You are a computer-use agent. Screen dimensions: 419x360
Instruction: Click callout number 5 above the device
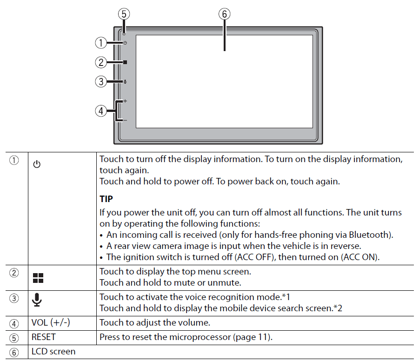(124, 14)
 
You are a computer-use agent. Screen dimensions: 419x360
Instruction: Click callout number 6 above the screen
(225, 14)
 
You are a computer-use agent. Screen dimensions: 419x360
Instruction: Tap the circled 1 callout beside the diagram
(101, 43)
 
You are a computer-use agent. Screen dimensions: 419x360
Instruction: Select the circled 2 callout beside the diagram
(101, 62)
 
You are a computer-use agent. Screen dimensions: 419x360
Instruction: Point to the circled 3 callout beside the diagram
(101, 81)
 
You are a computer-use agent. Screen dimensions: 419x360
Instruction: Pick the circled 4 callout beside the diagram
(101, 111)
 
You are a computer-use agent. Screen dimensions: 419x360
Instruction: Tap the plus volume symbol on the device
(125, 101)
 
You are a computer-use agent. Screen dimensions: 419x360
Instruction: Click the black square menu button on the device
(125, 62)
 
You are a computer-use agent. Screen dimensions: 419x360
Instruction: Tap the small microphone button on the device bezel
(125, 82)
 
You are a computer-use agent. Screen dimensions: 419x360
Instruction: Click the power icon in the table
(37, 164)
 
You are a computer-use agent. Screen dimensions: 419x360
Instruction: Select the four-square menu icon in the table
(38, 278)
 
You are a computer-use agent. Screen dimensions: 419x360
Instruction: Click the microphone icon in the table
(37, 300)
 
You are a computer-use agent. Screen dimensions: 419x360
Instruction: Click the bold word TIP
(106, 199)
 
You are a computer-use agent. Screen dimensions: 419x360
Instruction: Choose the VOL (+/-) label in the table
(51, 323)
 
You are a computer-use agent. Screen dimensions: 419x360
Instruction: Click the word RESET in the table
(44, 337)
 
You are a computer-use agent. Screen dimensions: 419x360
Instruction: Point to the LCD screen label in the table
(53, 352)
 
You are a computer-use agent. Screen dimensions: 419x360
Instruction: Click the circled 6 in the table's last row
(14, 352)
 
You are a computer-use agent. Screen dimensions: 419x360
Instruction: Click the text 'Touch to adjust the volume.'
(155, 323)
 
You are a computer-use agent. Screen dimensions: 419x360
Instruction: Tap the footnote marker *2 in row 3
(338, 308)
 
